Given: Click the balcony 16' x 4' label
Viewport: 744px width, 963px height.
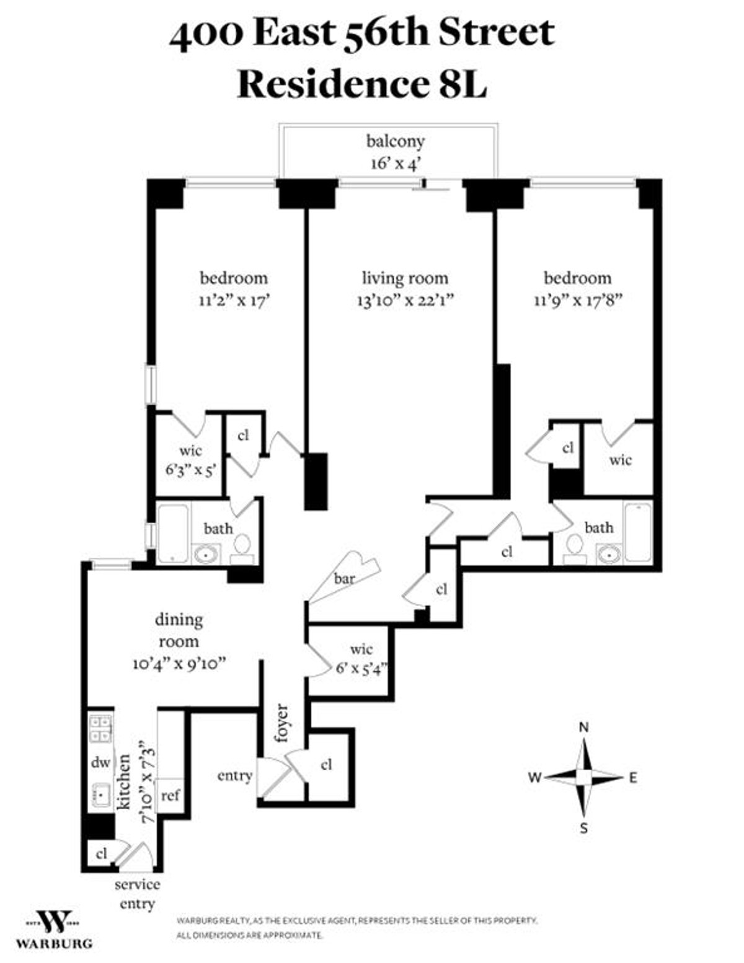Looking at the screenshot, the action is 395,152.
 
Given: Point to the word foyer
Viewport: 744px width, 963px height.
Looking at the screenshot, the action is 281,723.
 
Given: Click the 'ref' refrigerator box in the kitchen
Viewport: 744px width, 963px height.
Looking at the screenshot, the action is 170,796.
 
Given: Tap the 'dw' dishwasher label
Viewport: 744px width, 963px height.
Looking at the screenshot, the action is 100,763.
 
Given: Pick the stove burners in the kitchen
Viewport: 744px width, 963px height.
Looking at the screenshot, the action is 100,729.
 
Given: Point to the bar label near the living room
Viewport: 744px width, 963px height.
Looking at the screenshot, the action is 345,578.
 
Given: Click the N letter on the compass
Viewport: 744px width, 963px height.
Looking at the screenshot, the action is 584,728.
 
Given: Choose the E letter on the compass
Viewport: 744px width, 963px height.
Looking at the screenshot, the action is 633,778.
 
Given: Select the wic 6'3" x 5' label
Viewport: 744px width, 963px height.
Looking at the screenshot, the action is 191,461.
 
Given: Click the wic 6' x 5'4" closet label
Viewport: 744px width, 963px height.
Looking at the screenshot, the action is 361,659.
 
